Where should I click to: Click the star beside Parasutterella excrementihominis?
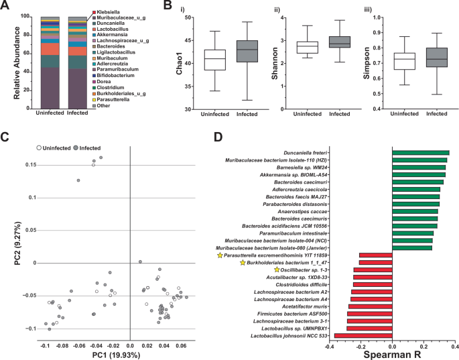[x=219, y=255]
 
